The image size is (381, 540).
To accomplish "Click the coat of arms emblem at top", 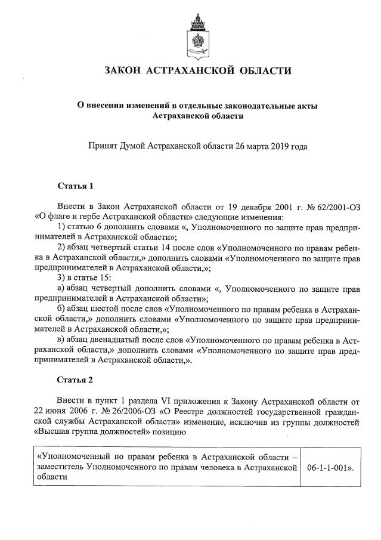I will [197, 34].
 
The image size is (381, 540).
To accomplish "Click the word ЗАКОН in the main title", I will [122, 71].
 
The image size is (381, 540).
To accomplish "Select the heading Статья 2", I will [75, 379].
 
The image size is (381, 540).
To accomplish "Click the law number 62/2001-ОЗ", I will [333, 205].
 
